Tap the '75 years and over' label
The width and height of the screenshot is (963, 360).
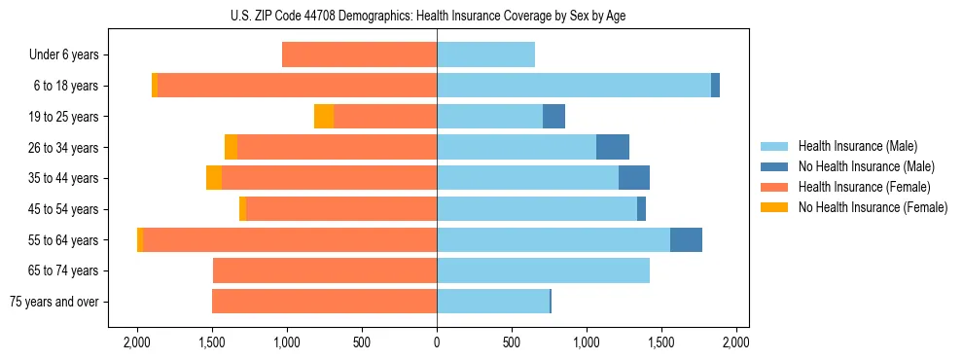click(53, 302)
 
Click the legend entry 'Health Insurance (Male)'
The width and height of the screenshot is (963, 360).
click(857, 146)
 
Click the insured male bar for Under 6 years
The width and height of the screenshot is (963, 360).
click(485, 54)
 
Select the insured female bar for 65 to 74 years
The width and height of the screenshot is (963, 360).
click(325, 270)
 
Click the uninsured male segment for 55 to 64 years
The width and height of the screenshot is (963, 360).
click(686, 239)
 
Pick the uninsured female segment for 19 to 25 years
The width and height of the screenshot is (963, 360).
click(324, 117)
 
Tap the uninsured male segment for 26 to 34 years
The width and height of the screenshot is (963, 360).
click(613, 147)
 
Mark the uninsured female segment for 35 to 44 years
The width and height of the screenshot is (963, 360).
click(214, 178)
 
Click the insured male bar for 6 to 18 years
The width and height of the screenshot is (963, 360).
click(574, 86)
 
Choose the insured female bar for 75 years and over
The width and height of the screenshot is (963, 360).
click(324, 302)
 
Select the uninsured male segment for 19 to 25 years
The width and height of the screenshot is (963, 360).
click(553, 117)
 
